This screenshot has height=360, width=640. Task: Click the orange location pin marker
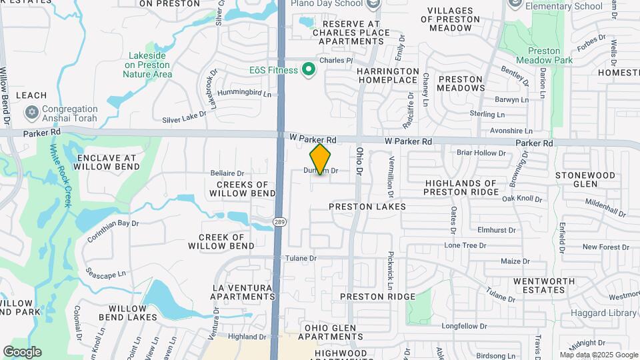click(x=320, y=159)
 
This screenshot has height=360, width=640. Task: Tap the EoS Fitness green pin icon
click(x=308, y=69)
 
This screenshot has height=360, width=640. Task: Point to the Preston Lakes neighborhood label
click(x=367, y=207)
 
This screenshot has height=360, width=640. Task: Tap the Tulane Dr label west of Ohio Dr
click(x=303, y=258)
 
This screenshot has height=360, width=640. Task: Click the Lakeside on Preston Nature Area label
click(x=147, y=65)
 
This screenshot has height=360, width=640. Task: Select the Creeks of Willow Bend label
click(x=242, y=189)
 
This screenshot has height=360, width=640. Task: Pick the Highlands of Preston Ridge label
click(x=461, y=187)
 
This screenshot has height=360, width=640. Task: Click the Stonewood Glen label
click(x=585, y=179)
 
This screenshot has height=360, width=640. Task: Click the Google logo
click(x=22, y=351)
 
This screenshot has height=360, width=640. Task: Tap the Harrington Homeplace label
click(x=387, y=75)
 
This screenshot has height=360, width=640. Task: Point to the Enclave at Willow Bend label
click(x=107, y=163)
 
